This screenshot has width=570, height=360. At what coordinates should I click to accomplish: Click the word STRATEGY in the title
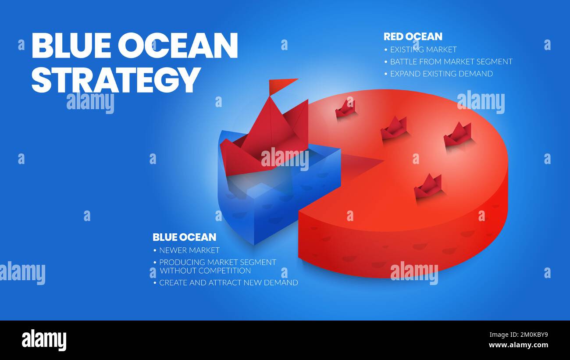click(116, 80)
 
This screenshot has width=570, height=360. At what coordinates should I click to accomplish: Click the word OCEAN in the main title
click(178, 46)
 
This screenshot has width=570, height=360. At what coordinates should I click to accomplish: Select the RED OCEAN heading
click(413, 37)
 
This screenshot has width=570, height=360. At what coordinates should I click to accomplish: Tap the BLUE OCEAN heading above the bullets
click(184, 237)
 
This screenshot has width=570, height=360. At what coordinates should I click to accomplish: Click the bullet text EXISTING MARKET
click(423, 50)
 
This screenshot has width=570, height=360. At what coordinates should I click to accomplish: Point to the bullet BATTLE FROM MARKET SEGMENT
click(451, 62)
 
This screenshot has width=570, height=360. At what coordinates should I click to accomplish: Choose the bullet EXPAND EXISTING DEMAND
click(441, 74)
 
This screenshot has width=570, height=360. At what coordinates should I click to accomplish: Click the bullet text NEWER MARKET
click(189, 250)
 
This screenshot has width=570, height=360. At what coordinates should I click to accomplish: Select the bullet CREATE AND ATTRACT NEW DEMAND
click(228, 283)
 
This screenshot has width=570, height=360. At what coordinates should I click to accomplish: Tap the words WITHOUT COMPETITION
click(205, 271)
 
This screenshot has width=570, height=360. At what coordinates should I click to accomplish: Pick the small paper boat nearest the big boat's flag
click(346, 109)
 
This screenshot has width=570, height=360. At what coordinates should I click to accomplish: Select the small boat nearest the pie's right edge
click(458, 135)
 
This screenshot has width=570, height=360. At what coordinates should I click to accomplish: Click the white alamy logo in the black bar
click(44, 340)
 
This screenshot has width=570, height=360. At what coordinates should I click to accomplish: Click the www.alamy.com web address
click(517, 345)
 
